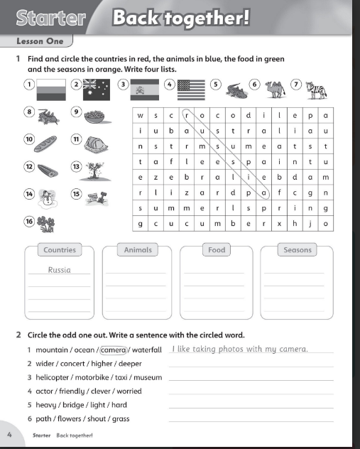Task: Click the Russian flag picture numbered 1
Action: (52, 90)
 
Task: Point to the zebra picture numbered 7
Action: (320, 90)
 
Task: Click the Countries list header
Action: (60, 250)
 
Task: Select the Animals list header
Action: (138, 250)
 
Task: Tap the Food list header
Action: (216, 250)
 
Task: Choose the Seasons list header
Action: (297, 250)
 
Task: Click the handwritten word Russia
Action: (60, 270)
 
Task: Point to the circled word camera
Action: (114, 350)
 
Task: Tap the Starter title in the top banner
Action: (50, 18)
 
